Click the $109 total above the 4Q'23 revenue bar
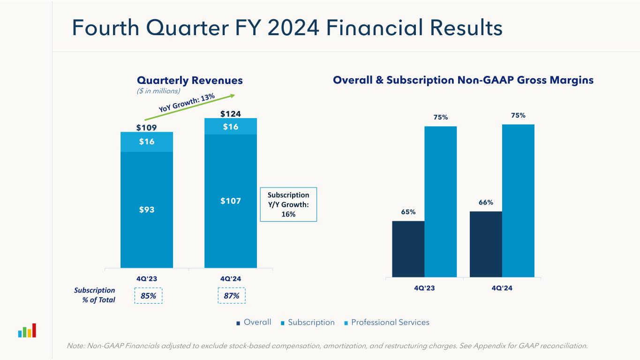146,127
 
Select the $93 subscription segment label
146,210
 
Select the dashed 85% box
148,296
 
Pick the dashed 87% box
232,296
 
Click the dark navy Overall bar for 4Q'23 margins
408,249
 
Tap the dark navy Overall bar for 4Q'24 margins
486,244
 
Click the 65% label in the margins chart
408,212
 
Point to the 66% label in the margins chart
486,202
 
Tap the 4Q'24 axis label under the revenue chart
230,278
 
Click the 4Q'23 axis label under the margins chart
424,288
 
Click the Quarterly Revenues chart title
189,81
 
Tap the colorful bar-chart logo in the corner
27,331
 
